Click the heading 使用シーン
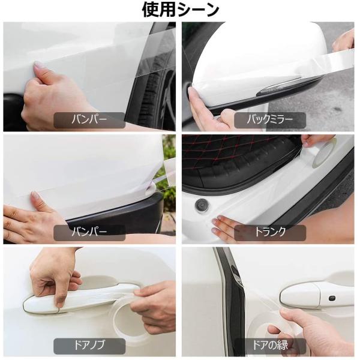click(x=180, y=10)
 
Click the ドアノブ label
click(x=89, y=346)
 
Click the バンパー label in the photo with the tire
click(x=89, y=119)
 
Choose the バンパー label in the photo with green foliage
click(x=89, y=232)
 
